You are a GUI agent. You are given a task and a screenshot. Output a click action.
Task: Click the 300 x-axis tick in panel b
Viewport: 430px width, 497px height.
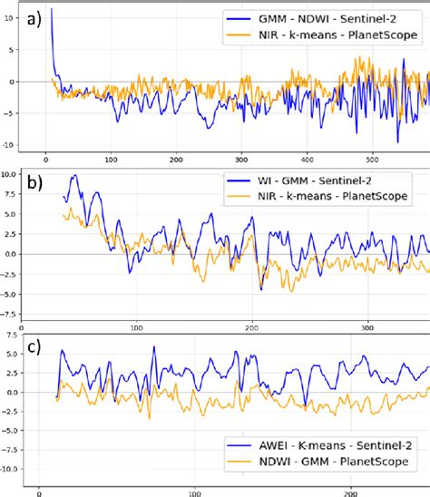367,326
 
